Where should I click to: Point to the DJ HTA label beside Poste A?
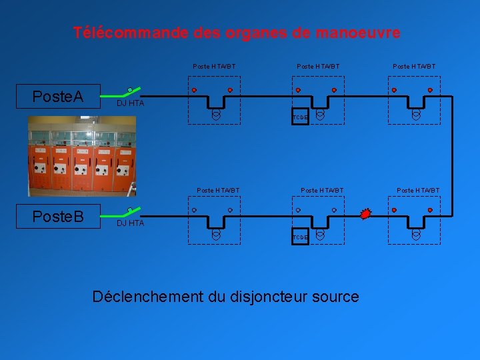coord(130,103)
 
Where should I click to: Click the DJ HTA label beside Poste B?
coord(130,223)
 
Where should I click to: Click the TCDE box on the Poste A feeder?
coord(301,117)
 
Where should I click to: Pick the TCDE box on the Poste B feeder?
coord(301,237)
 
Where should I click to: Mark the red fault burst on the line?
coord(365,214)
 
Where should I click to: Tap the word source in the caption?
coord(336,297)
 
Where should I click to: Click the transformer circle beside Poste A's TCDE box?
coord(320,115)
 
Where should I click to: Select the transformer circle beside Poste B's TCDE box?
coord(320,235)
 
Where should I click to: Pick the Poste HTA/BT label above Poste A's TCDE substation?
coord(318,67)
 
